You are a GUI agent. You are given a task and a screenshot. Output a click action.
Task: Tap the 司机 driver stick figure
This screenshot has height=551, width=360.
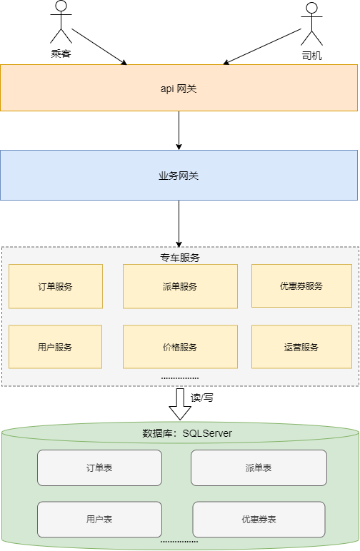(x=311, y=24)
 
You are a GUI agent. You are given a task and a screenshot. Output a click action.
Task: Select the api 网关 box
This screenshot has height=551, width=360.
(x=179, y=88)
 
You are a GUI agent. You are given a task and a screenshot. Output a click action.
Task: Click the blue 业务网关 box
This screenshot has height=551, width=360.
(x=179, y=175)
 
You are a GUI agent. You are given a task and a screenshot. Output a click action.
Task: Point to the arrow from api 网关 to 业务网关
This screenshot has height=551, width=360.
(x=179, y=130)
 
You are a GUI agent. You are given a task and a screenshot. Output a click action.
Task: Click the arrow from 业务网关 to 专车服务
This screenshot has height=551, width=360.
(x=179, y=223)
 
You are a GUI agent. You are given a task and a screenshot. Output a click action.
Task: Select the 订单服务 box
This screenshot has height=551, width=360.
(x=55, y=286)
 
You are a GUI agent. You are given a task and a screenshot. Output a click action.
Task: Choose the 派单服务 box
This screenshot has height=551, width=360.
(x=179, y=286)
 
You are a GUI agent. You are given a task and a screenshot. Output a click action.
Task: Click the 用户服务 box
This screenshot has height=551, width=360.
(x=55, y=347)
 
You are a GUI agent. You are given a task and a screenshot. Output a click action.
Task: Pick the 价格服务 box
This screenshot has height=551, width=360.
(x=179, y=347)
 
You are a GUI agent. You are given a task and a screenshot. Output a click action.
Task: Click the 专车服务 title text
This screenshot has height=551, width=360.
(x=179, y=257)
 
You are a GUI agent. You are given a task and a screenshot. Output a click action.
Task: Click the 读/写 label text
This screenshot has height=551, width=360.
(x=202, y=398)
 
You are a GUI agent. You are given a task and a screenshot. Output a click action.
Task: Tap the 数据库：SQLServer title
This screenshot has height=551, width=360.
(x=187, y=433)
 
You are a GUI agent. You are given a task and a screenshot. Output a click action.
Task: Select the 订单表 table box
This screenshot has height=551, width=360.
(x=99, y=468)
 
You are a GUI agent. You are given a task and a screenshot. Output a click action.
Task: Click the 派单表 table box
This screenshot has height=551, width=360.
(x=258, y=468)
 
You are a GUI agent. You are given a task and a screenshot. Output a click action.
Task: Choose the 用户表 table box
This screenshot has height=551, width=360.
(x=99, y=520)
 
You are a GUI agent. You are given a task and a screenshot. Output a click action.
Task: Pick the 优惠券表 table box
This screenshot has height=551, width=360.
(x=259, y=520)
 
